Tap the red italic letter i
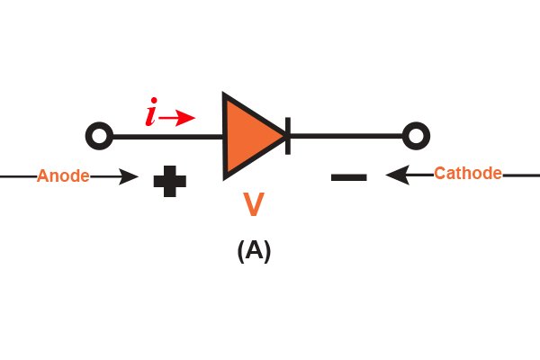coord(151,112)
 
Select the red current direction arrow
coord(177,118)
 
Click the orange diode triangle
coord(249,136)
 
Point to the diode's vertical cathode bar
coord(288,136)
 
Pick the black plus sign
coord(170,181)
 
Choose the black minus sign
coord(349,177)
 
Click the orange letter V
coord(254,204)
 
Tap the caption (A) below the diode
coord(254,251)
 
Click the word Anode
coord(63,175)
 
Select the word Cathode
coord(468,174)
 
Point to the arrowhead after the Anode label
coord(129,176)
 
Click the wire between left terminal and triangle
coord(167,137)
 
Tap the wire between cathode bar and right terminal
coord(346,136)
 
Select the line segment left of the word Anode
coord(18,176)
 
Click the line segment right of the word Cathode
coord(521,175)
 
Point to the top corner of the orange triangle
coord(224,93)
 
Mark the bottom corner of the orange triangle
coord(224,179)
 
